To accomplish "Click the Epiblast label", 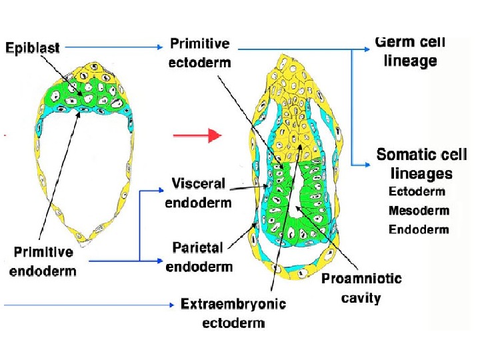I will tap(33, 47).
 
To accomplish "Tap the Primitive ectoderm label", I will tap(199, 53).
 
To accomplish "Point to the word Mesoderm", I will tap(419, 211).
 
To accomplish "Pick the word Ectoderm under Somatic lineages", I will tap(417, 192).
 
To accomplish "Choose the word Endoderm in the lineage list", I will tap(419, 230).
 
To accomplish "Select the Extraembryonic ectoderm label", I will tap(233, 313).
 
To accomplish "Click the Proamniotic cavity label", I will tap(361, 287).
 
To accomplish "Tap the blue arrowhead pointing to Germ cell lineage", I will tap(369, 48).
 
